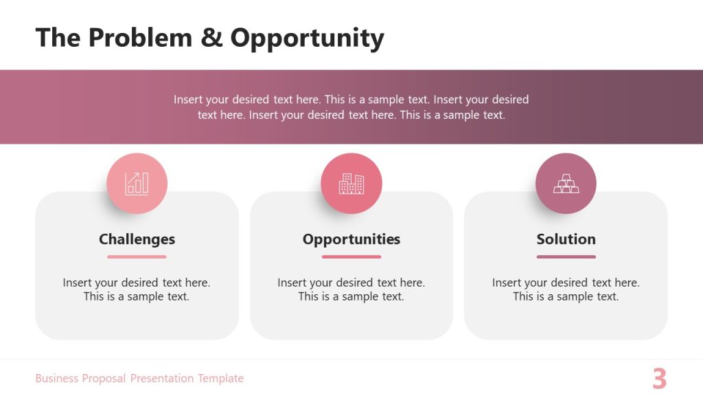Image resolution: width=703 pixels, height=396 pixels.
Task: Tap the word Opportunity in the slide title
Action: (307, 38)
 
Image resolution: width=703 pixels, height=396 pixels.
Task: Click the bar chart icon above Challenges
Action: (137, 184)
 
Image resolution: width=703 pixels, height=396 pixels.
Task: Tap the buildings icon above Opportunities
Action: (351, 184)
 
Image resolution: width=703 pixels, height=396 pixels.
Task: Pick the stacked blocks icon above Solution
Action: (566, 184)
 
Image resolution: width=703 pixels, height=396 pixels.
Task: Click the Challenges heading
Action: (137, 239)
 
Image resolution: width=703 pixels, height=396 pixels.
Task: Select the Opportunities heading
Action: (351, 239)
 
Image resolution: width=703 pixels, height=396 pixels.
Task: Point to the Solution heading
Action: (566, 239)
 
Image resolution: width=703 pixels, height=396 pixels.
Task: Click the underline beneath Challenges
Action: (137, 256)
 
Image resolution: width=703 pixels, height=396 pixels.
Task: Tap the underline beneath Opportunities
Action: (351, 256)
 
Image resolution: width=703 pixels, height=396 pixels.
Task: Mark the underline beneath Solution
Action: (566, 256)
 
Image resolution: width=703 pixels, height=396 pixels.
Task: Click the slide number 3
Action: (659, 379)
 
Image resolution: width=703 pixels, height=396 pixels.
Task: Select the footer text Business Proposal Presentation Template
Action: (139, 378)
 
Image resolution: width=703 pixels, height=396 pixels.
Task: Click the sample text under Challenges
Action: (137, 289)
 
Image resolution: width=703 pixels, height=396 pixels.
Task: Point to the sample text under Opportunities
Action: (351, 289)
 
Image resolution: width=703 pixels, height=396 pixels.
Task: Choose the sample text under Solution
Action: (566, 289)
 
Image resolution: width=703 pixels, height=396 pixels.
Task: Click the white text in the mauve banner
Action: (351, 107)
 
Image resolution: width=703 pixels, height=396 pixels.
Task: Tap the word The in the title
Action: (58, 38)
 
